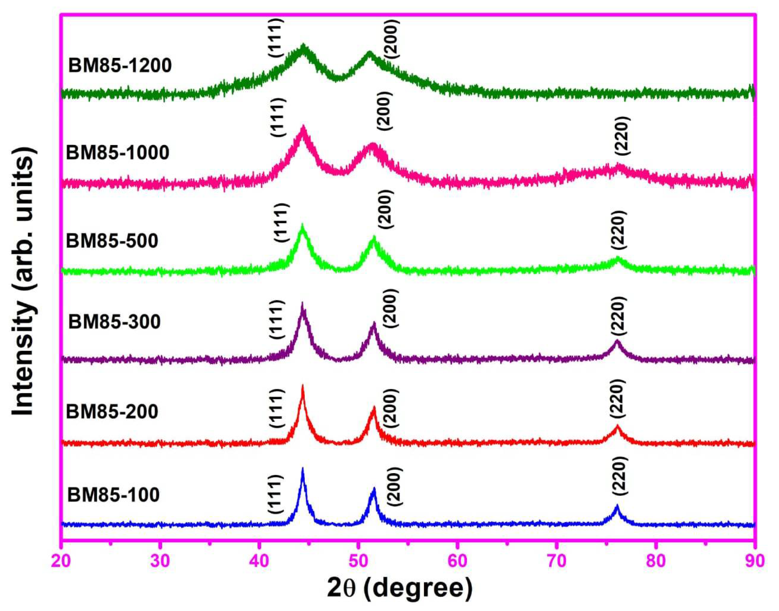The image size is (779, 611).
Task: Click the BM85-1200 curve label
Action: pos(120,66)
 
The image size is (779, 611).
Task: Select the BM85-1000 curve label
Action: pos(117,153)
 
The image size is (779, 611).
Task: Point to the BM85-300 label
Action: pos(114,322)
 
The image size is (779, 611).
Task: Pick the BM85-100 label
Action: pos(113,495)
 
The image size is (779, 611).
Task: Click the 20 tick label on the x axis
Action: pos(62,561)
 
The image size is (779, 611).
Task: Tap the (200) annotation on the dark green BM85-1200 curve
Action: pos(392,39)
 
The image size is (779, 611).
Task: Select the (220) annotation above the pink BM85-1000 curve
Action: pos(623,136)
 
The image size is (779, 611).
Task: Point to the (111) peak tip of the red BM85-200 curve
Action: pos(303,386)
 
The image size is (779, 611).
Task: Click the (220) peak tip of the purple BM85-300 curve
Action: pos(617,341)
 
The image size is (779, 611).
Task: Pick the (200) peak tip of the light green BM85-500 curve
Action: pos(374,237)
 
